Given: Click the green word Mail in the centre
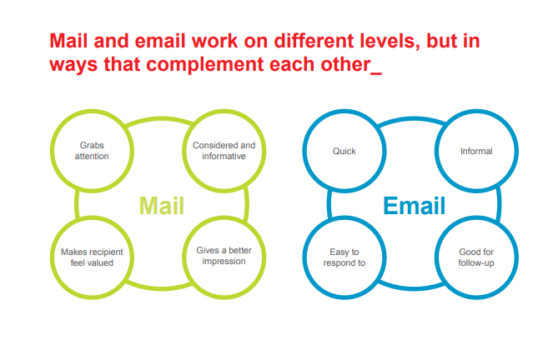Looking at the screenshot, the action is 162,205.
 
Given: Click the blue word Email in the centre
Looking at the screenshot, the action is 415,205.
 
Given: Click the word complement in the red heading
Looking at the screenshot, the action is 205,65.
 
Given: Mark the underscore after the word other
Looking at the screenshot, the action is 376,73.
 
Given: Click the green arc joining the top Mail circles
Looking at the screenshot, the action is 160,118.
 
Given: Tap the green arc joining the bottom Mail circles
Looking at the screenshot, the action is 160,288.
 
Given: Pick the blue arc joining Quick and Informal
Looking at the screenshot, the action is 413,118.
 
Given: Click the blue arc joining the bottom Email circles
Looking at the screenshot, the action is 413,288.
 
